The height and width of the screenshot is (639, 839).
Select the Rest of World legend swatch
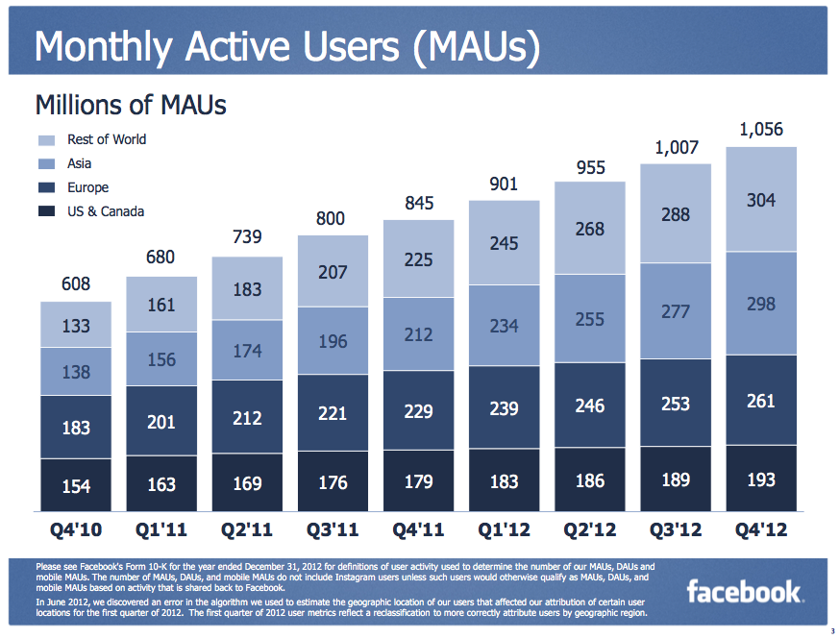click(x=47, y=140)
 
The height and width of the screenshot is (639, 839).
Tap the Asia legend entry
click(x=80, y=164)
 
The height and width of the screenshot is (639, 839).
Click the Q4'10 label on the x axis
click(x=76, y=530)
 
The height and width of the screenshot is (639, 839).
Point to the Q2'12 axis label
click(x=590, y=530)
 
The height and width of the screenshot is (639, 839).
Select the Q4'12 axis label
click(x=761, y=530)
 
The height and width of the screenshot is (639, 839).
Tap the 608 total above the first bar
click(x=76, y=284)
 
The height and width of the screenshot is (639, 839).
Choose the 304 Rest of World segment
click(x=761, y=200)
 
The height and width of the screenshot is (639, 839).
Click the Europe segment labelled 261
click(x=761, y=400)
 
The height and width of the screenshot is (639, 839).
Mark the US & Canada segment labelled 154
click(x=76, y=485)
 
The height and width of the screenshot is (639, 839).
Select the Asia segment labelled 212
click(x=418, y=334)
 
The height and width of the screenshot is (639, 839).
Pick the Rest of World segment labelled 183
click(x=247, y=289)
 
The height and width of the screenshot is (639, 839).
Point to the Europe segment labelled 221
click(x=333, y=412)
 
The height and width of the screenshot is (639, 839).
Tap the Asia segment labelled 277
click(x=676, y=312)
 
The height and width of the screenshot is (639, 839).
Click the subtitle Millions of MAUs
click(x=131, y=104)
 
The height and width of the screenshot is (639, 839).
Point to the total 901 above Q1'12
click(x=505, y=184)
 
